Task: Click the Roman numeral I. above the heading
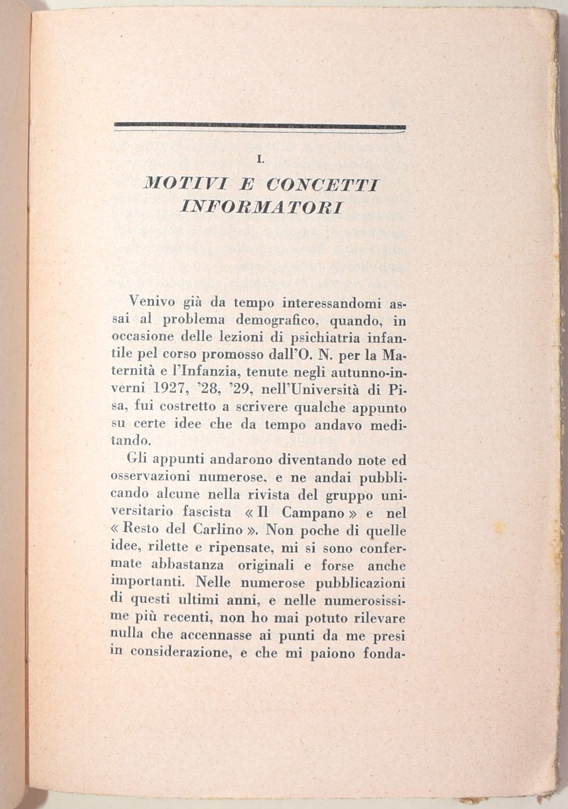(259, 159)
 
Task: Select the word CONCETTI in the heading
(322, 185)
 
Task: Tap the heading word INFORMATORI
(261, 206)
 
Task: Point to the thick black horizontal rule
(259, 126)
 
